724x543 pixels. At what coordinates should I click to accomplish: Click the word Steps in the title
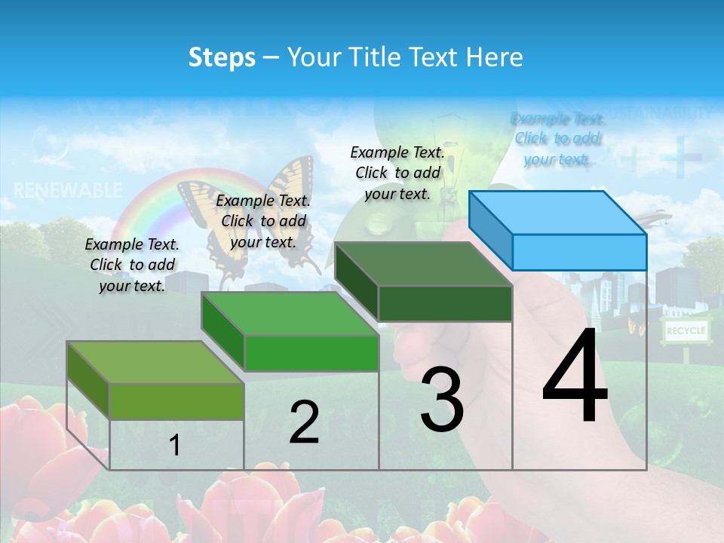[x=222, y=57]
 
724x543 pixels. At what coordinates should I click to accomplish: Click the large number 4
[x=575, y=377]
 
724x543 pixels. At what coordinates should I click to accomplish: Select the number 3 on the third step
[x=441, y=400]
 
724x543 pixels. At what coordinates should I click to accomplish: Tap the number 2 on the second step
[x=304, y=422]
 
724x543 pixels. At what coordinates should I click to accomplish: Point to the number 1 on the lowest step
[x=174, y=446]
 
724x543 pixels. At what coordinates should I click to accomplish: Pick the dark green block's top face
[x=423, y=264]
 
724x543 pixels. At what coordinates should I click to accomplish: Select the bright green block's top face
[x=290, y=314]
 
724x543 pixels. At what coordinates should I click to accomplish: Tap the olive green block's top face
[x=155, y=362]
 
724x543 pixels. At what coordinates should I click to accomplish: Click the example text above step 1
[x=132, y=265]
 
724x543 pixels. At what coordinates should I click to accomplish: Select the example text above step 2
[x=263, y=221]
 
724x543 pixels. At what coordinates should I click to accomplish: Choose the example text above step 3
[x=397, y=173]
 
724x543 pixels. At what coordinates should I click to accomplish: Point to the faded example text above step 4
[x=557, y=139]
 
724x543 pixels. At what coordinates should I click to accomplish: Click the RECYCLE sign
[x=686, y=330]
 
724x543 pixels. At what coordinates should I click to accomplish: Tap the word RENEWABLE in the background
[x=68, y=190]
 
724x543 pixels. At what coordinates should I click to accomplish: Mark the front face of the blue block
[x=579, y=252]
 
